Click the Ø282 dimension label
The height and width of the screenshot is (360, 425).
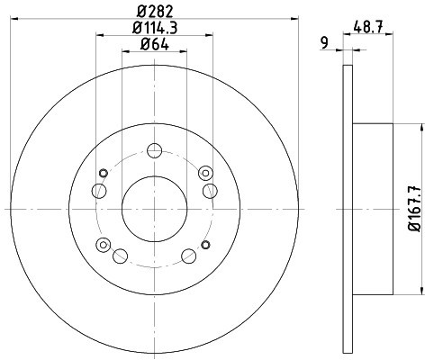coord(155,12)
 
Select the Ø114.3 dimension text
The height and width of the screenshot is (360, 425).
coord(155,28)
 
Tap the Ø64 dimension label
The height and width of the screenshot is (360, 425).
coord(155,44)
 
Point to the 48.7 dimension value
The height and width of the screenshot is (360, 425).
coord(368,28)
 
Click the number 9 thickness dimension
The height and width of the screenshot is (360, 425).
coord(324,43)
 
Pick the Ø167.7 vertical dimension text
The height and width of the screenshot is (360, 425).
coord(415,209)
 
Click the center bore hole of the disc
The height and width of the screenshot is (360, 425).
coord(155,209)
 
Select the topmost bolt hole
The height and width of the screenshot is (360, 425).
coord(155,150)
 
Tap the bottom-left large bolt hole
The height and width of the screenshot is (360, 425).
coord(120,256)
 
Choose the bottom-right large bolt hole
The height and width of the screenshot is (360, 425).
coord(189,256)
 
